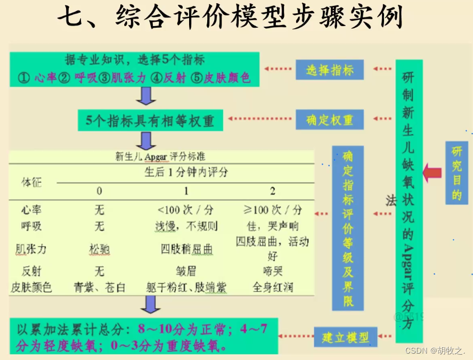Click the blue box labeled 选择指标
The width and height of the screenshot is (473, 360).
[330, 70]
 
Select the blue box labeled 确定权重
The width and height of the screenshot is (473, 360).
[330, 120]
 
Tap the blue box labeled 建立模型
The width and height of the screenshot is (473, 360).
[349, 337]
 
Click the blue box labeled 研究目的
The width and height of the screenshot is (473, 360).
[457, 173]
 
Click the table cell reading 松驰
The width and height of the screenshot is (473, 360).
[100, 249]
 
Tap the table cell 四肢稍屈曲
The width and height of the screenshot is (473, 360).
[186, 249]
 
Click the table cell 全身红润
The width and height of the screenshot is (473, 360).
[273, 288]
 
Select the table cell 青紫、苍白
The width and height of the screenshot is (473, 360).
[100, 288]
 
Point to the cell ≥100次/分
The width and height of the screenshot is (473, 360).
[273, 209]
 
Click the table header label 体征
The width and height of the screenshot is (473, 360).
[31, 182]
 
